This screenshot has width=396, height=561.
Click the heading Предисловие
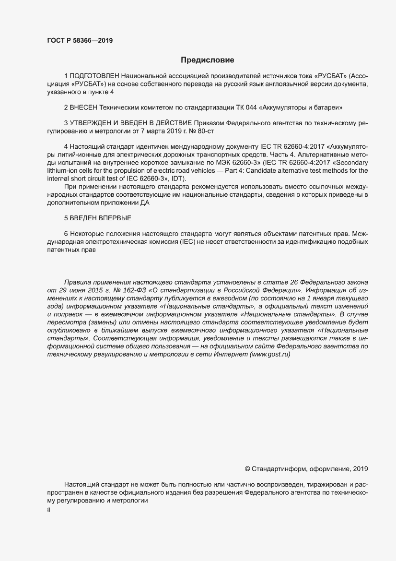coord(207,60)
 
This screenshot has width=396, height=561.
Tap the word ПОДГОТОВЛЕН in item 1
coord(95,76)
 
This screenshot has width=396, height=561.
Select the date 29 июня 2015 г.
coord(85,290)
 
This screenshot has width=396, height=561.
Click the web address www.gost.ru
coord(270,354)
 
